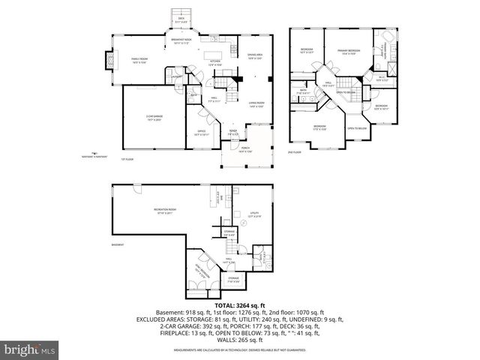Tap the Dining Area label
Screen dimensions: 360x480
coord(256,56)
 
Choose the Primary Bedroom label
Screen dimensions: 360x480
coord(349,51)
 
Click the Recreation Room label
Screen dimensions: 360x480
coord(165,211)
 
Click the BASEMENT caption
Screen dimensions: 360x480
coord(118,244)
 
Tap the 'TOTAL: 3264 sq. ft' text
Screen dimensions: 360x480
coord(239,305)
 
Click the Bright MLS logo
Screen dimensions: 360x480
coord(29,349)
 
